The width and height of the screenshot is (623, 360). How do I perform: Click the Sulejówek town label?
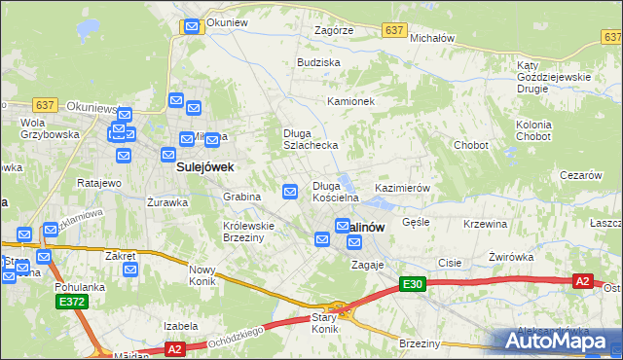(x=204, y=167)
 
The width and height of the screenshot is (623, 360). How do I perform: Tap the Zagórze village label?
(x=333, y=31)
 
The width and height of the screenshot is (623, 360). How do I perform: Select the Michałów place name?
(x=433, y=38)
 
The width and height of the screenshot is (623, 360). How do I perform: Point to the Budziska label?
(x=318, y=62)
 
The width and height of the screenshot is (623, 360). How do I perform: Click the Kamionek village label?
(x=351, y=101)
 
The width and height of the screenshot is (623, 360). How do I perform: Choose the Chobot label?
(x=471, y=145)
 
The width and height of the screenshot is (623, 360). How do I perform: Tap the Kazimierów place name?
(x=402, y=187)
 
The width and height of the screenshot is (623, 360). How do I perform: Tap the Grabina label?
(x=242, y=196)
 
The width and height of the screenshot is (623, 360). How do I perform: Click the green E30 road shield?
(x=412, y=284)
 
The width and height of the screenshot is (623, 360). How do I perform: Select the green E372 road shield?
(x=71, y=303)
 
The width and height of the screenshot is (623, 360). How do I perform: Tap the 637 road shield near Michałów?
(x=394, y=31)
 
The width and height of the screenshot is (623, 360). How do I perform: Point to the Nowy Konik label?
(x=202, y=275)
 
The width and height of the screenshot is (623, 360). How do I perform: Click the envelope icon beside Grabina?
(x=290, y=192)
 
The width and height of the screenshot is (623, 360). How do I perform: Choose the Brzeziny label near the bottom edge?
(x=421, y=343)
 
